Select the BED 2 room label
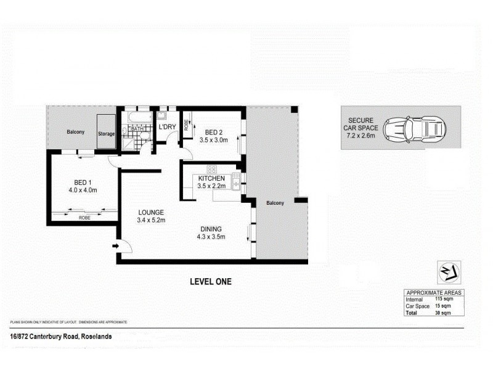click(214, 132)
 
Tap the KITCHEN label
click(211, 178)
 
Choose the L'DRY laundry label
click(168, 127)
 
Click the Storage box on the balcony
click(106, 133)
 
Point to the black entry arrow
click(115, 247)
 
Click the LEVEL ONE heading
click(210, 282)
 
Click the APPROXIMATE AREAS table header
click(433, 292)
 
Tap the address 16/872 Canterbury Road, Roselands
click(60, 336)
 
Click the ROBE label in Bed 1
click(84, 218)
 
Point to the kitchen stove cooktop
click(213, 169)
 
